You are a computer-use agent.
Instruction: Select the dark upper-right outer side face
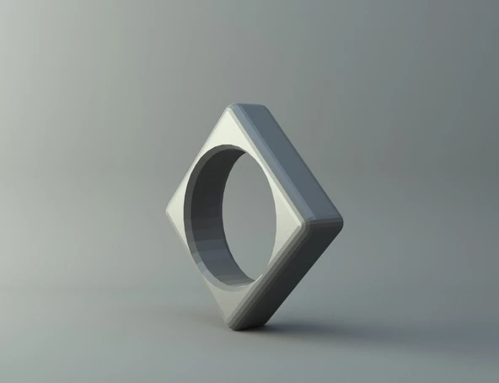coord(291,160)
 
